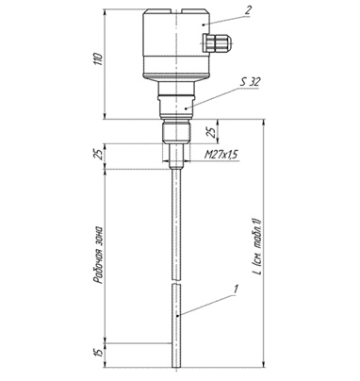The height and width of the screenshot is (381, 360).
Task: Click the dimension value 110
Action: [x=99, y=58]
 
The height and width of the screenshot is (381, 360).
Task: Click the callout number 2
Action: [x=248, y=10]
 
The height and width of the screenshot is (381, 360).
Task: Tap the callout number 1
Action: [x=237, y=289]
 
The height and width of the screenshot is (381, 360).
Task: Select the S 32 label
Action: [x=251, y=82]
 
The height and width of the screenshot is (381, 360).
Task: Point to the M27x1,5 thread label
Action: [x=221, y=155]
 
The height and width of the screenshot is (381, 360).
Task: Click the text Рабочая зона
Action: [x=99, y=255]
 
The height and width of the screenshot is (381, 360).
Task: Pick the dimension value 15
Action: [x=99, y=353]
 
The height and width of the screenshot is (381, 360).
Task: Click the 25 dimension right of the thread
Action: [x=213, y=132]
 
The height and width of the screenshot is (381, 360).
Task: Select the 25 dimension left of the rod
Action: [x=99, y=155]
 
